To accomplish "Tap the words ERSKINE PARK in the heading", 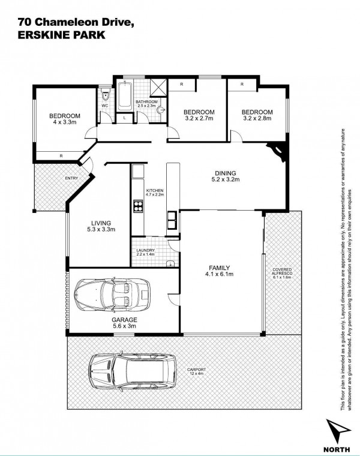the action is click(x=61, y=35).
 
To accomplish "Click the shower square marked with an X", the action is click(x=158, y=87).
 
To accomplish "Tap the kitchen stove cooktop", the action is click(x=138, y=206).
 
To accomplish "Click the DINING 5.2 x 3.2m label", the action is click(x=226, y=176).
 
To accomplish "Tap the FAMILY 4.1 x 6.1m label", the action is click(x=219, y=271).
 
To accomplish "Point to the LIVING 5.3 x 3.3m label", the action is click(x=101, y=226).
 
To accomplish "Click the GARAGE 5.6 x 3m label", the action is click(x=124, y=323).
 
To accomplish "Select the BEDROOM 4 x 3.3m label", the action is click(x=65, y=119).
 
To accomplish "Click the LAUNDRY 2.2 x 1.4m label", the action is click(x=145, y=252).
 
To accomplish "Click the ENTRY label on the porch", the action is click(x=71, y=178).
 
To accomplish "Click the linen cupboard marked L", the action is click(x=124, y=118).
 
